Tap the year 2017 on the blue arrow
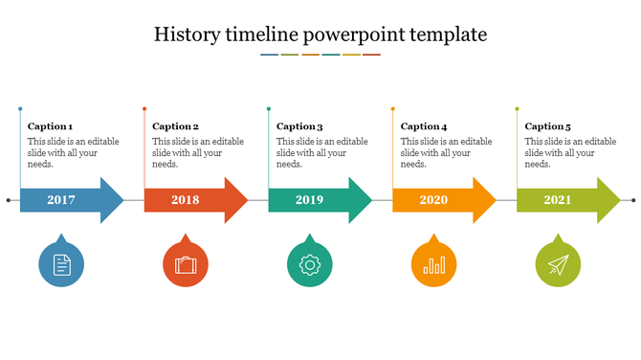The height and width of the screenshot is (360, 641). pos(61,200)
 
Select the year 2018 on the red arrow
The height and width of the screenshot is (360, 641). pos(186,200)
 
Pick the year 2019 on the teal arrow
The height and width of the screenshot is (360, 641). pos(310,200)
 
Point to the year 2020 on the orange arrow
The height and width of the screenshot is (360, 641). pos(433,200)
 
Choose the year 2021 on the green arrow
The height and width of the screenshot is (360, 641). pos(559,200)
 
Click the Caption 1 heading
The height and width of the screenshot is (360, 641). pos(51,126)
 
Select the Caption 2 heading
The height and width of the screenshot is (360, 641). pos(175,126)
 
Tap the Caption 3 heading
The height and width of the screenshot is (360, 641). pos(299,126)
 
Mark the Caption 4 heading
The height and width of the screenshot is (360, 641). pos(424,126)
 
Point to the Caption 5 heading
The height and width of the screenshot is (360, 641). pos(548,126)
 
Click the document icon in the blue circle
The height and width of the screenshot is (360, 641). pos(61,264)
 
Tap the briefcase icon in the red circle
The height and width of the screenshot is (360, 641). pos(186,264)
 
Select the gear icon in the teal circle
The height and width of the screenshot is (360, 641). pos(310,264)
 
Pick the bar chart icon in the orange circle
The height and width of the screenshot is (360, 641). pos(434,264)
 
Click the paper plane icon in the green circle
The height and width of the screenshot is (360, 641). pos(559,264)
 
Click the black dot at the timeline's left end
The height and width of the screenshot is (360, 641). pos(9,200)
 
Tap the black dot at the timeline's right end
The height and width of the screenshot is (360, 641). pos(633,200)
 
